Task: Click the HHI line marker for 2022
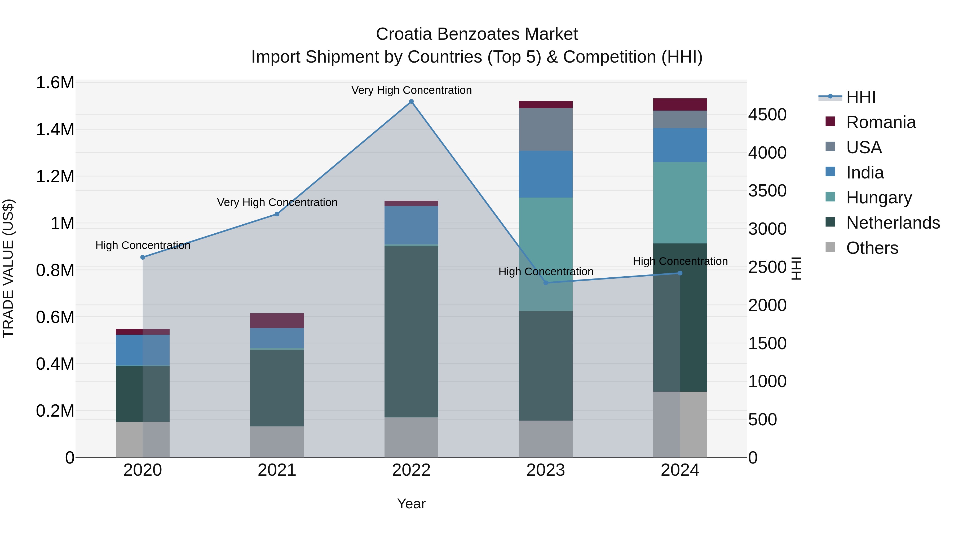411,102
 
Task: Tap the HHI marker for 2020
143,257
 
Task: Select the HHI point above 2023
546,283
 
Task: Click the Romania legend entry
881,122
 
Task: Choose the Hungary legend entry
879,198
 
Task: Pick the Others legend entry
872,248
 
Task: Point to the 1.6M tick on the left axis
55,83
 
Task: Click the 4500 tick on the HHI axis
767,115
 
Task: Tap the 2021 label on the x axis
277,470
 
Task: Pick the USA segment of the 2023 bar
546,129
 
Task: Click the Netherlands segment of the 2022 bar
411,332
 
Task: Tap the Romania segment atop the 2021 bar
277,321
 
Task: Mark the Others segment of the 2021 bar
277,442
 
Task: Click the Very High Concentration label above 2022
411,90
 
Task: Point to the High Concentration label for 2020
143,245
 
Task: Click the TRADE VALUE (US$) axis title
8,268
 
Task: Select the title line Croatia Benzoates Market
477,34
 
